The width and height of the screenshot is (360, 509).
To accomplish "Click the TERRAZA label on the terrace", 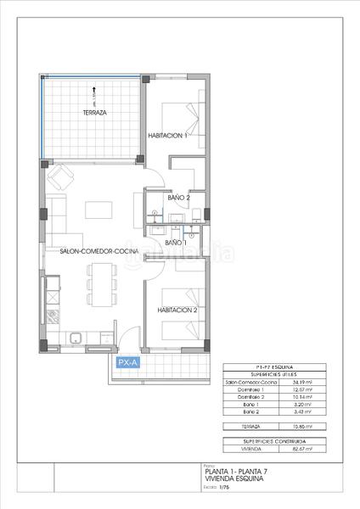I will coord(94,113).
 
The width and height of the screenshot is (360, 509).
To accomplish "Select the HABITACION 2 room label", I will coord(177,310).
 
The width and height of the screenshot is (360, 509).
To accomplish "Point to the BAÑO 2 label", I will coord(178,198).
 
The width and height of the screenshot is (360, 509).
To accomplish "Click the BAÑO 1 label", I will coord(175,243).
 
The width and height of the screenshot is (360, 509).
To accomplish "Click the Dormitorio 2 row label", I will coord(243,397).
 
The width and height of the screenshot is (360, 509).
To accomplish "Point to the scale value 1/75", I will coord(224,487).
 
